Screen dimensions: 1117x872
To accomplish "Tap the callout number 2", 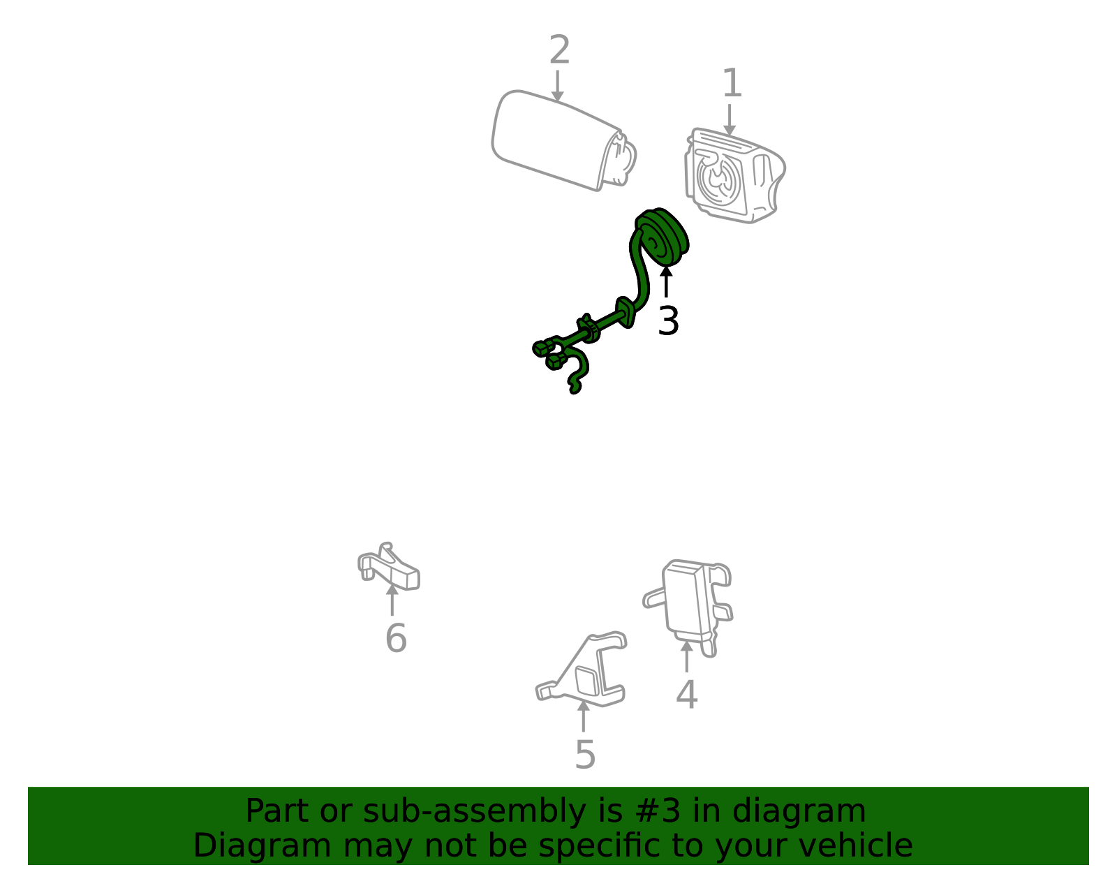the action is (559, 50).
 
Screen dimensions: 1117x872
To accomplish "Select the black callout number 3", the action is (668, 321).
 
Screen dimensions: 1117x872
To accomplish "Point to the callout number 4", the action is (687, 694).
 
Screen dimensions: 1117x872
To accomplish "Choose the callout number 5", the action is (585, 755).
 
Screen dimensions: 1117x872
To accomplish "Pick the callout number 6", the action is (396, 638).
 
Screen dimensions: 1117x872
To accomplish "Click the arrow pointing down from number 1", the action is (730, 120).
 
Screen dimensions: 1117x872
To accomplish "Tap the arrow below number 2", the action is (557, 86).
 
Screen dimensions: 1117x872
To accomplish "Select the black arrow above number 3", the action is (666, 281).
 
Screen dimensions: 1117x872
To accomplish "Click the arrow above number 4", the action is (687, 656).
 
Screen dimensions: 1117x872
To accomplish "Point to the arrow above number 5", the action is (584, 716).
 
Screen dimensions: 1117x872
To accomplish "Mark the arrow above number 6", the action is (392, 599).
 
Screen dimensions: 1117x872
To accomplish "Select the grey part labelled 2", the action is (563, 141).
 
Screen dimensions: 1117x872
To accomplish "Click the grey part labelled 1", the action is (734, 176).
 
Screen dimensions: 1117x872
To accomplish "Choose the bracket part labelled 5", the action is (582, 670).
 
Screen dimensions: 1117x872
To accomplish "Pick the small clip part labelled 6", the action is (389, 568).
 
